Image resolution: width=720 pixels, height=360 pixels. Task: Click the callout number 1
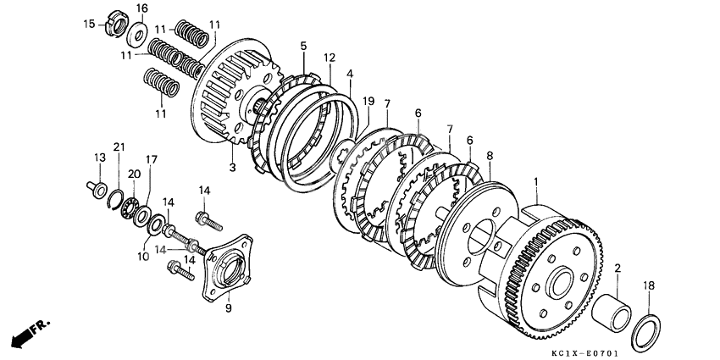534,180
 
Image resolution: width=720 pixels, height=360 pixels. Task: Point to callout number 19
368,102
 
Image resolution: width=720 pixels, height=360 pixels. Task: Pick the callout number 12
330,58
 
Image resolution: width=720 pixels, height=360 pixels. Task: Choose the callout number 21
119,147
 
